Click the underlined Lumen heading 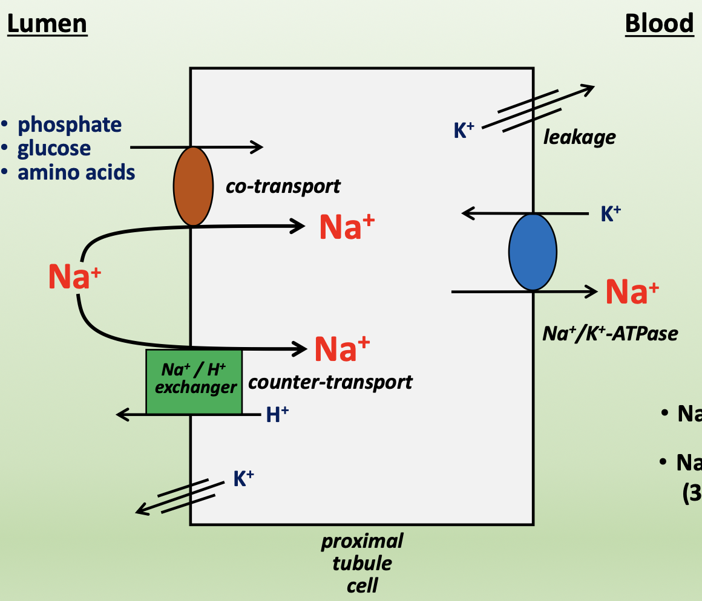(47, 24)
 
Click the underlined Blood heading (659, 24)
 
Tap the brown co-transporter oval (193, 186)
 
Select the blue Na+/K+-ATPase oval (533, 252)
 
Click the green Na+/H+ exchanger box (194, 381)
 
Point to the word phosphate (70, 125)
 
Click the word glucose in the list (54, 148)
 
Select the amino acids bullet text (76, 172)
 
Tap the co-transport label (283, 186)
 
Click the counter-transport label (330, 382)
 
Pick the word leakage (579, 137)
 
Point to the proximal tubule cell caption (362, 563)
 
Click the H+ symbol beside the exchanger (277, 414)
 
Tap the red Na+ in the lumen (74, 277)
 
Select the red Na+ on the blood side (632, 292)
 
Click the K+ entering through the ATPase (611, 214)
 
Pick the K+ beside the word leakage (464, 131)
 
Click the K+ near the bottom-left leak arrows (243, 479)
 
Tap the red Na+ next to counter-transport (342, 349)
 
